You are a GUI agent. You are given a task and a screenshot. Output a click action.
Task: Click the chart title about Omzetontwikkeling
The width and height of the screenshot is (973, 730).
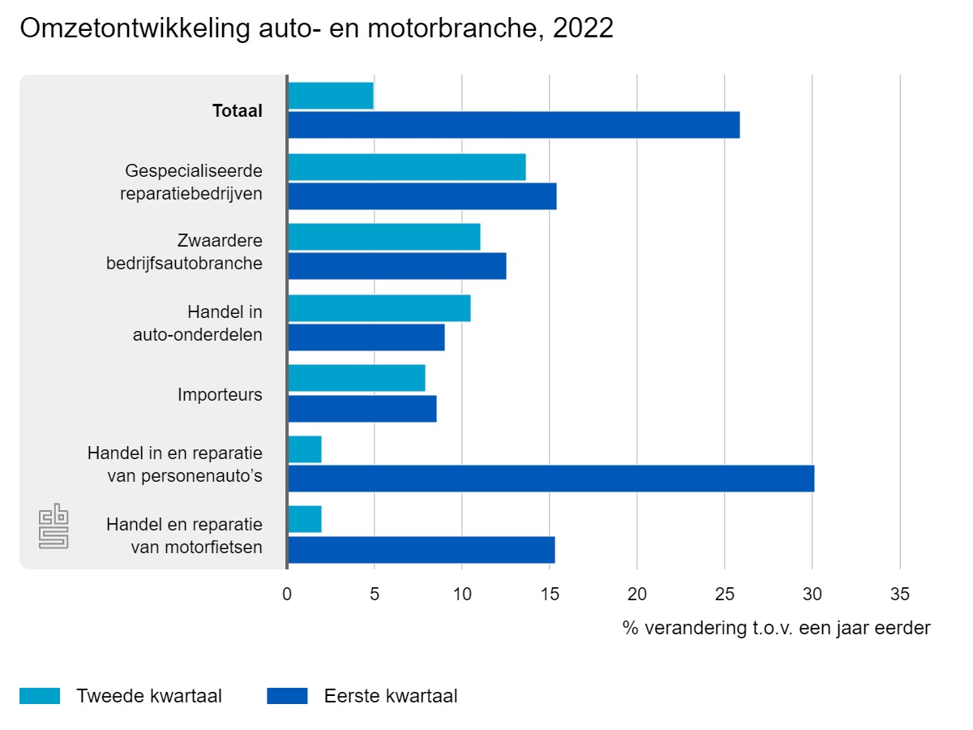click(x=316, y=28)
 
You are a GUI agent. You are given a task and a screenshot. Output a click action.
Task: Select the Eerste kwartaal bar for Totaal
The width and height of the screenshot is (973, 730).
click(x=513, y=125)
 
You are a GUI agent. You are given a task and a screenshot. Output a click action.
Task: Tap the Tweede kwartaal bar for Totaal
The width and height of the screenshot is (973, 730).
click(x=330, y=96)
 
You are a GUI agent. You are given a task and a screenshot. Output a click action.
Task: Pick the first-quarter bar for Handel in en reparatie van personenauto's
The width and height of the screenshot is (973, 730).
click(x=551, y=479)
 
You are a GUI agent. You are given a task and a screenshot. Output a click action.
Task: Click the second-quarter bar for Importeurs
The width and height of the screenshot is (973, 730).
click(x=356, y=378)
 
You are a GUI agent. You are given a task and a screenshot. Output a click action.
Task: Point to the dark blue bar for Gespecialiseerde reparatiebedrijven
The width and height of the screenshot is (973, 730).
click(x=422, y=196)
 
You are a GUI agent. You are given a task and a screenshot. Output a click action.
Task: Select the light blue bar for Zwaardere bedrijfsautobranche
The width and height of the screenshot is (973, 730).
click(x=384, y=237)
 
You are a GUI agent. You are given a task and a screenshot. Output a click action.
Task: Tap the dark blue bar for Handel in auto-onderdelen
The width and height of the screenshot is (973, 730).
click(x=366, y=337)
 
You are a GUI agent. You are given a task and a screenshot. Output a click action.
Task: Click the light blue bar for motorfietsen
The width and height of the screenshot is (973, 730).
click(x=305, y=519)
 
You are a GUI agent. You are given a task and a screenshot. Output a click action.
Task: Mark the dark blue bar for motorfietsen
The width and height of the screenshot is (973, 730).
click(x=421, y=550)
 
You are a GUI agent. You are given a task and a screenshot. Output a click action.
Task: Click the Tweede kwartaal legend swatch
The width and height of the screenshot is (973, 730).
click(x=40, y=696)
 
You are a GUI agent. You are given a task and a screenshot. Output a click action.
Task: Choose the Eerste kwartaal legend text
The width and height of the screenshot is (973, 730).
click(x=391, y=696)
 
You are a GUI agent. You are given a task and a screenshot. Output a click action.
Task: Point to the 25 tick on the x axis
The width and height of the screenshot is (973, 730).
click(x=725, y=595)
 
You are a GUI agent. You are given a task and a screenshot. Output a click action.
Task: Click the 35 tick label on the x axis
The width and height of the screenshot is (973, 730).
click(x=900, y=595)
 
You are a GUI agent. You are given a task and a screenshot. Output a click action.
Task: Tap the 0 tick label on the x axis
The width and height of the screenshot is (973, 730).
click(x=287, y=595)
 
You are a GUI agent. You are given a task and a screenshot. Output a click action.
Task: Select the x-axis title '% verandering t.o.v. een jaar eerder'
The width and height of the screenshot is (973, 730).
click(x=776, y=628)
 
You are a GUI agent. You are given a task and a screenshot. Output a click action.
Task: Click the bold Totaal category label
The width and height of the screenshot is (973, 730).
click(x=237, y=111)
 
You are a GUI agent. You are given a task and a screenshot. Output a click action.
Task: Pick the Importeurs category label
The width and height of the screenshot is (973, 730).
click(x=220, y=395)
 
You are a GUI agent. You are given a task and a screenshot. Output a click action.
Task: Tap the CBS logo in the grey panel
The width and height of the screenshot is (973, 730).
click(x=54, y=527)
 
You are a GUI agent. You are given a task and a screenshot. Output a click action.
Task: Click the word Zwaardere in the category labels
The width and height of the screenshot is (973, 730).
click(x=220, y=241)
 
